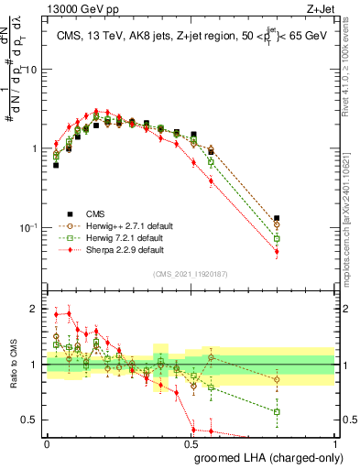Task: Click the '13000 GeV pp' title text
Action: tap(79, 8)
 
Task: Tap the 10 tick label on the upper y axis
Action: tap(32, 70)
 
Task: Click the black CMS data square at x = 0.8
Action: tap(277, 218)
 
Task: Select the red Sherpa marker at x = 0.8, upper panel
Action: tap(277, 251)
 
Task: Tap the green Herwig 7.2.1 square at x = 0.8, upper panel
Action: tap(277, 238)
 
